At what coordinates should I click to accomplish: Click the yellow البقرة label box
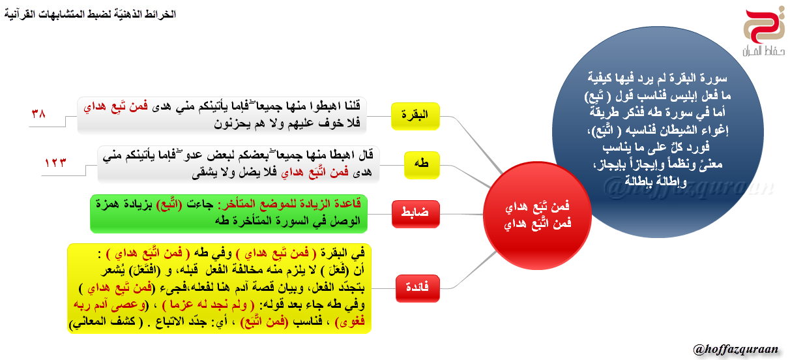click(415, 116)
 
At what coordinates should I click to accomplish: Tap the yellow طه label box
click(422, 165)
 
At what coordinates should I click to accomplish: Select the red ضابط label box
click(416, 214)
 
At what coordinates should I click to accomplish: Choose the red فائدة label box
click(418, 288)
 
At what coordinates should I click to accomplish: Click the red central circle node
click(537, 215)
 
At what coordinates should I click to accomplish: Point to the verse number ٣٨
click(38, 113)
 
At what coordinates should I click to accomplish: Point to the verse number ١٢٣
click(55, 162)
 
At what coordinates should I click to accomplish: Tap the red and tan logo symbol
click(764, 27)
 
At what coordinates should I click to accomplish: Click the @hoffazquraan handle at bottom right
click(735, 349)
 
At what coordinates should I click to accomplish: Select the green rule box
click(229, 213)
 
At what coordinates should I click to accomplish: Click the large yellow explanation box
click(219, 288)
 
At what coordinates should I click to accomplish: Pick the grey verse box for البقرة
click(222, 115)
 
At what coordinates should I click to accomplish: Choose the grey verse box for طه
click(239, 164)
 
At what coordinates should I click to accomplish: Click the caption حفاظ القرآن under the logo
click(764, 51)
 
